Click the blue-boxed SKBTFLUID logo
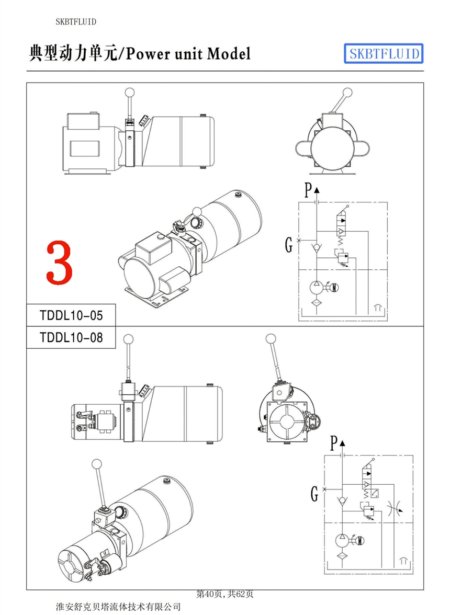[x=384, y=53]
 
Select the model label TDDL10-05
[x=71, y=315]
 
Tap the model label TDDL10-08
[x=71, y=337]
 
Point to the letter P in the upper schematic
[x=308, y=189]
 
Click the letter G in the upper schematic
[x=288, y=244]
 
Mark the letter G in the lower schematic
[x=314, y=493]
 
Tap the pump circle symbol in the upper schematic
[x=317, y=287]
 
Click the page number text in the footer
[x=225, y=594]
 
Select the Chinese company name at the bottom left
[x=118, y=607]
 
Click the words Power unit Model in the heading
[x=188, y=53]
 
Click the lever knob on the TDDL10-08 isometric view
[x=97, y=464]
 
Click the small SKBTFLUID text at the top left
[x=76, y=21]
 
